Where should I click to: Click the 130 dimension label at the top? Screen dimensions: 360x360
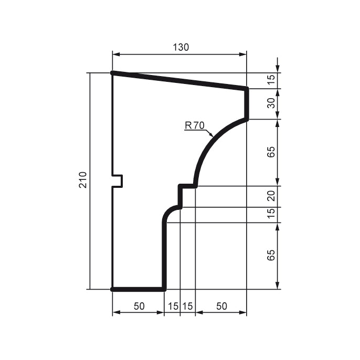tap(181, 47)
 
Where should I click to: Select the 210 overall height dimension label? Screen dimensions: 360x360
tap(82, 181)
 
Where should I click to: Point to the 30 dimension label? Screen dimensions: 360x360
tap(271, 103)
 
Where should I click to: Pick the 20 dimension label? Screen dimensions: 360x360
tap(271, 196)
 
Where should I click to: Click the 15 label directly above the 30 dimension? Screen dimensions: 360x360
tap(271, 80)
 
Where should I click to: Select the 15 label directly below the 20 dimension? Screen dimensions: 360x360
tap(271, 215)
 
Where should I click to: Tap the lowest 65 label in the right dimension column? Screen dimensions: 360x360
tap(271, 256)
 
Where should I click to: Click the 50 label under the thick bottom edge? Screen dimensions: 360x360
tap(139, 306)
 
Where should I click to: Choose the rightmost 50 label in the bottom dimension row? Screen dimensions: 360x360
tap(221, 306)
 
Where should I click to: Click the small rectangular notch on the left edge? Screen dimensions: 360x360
tap(118, 181)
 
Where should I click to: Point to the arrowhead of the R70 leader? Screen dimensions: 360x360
tap(212, 135)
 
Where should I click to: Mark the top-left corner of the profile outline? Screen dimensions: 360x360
tap(112, 73)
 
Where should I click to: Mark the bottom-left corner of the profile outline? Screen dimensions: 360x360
tap(112, 289)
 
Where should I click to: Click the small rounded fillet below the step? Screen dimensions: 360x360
tap(169, 211)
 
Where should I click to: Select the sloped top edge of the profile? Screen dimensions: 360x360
tap(179, 81)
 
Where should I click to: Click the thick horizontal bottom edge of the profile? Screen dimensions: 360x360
tap(139, 289)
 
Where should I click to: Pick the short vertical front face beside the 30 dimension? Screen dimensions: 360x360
tap(247, 104)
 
